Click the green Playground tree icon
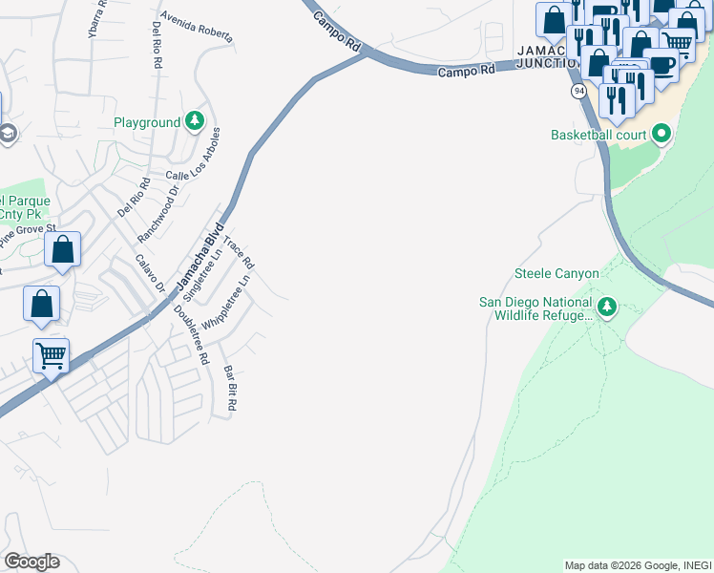195,121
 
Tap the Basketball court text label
598,135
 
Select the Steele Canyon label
556,274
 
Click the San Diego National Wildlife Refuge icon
607,307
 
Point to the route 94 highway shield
578,91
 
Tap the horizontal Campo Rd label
468,72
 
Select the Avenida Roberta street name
197,29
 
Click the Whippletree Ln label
227,304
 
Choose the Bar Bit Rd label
229,388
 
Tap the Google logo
31,562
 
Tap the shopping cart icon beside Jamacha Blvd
52,356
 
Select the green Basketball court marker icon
661,135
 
